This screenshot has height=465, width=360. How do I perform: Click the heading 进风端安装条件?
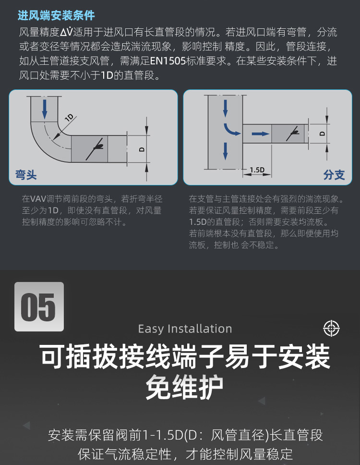click(56, 15)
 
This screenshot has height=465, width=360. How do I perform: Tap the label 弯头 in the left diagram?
click(26, 174)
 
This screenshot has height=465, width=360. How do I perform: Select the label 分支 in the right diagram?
click(334, 174)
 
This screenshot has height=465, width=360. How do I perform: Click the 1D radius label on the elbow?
click(69, 118)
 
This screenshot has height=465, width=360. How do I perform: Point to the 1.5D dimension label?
click(257, 170)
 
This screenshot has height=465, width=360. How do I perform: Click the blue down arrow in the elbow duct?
click(45, 109)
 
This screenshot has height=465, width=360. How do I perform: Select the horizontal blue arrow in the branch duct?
click(261, 134)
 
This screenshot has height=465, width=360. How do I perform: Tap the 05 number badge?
click(39, 307)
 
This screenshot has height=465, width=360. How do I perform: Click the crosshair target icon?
click(331, 329)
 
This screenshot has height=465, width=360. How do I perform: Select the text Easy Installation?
click(185, 329)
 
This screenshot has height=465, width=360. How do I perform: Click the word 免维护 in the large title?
click(185, 388)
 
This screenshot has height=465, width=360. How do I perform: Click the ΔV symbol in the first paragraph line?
click(66, 33)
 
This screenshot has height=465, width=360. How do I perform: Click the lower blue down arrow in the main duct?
click(225, 150)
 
